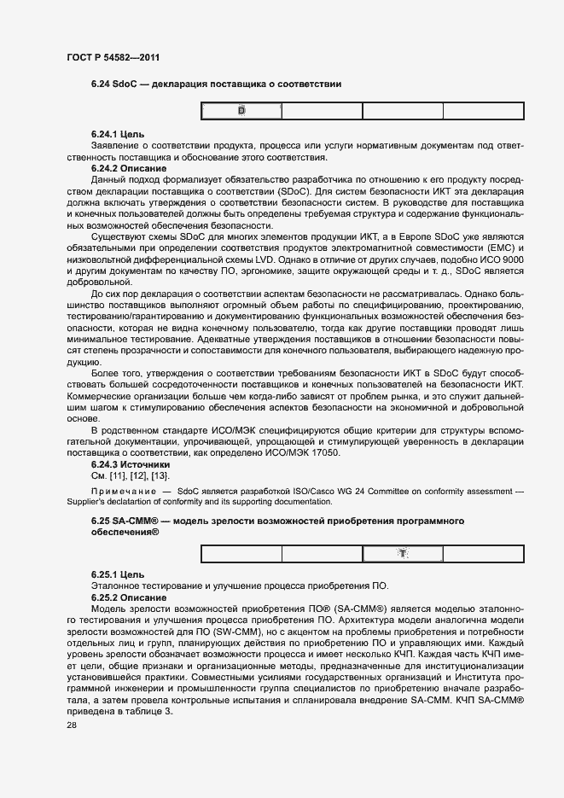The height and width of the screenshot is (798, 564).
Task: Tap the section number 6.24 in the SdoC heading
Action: click(101, 84)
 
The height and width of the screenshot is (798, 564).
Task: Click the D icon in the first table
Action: click(241, 111)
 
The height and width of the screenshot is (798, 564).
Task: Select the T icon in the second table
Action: click(403, 554)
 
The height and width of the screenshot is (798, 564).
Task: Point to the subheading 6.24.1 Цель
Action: click(117, 135)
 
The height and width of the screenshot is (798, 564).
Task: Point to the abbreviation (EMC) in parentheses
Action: click(503, 248)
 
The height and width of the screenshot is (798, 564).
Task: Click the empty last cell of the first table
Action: click(483, 111)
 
